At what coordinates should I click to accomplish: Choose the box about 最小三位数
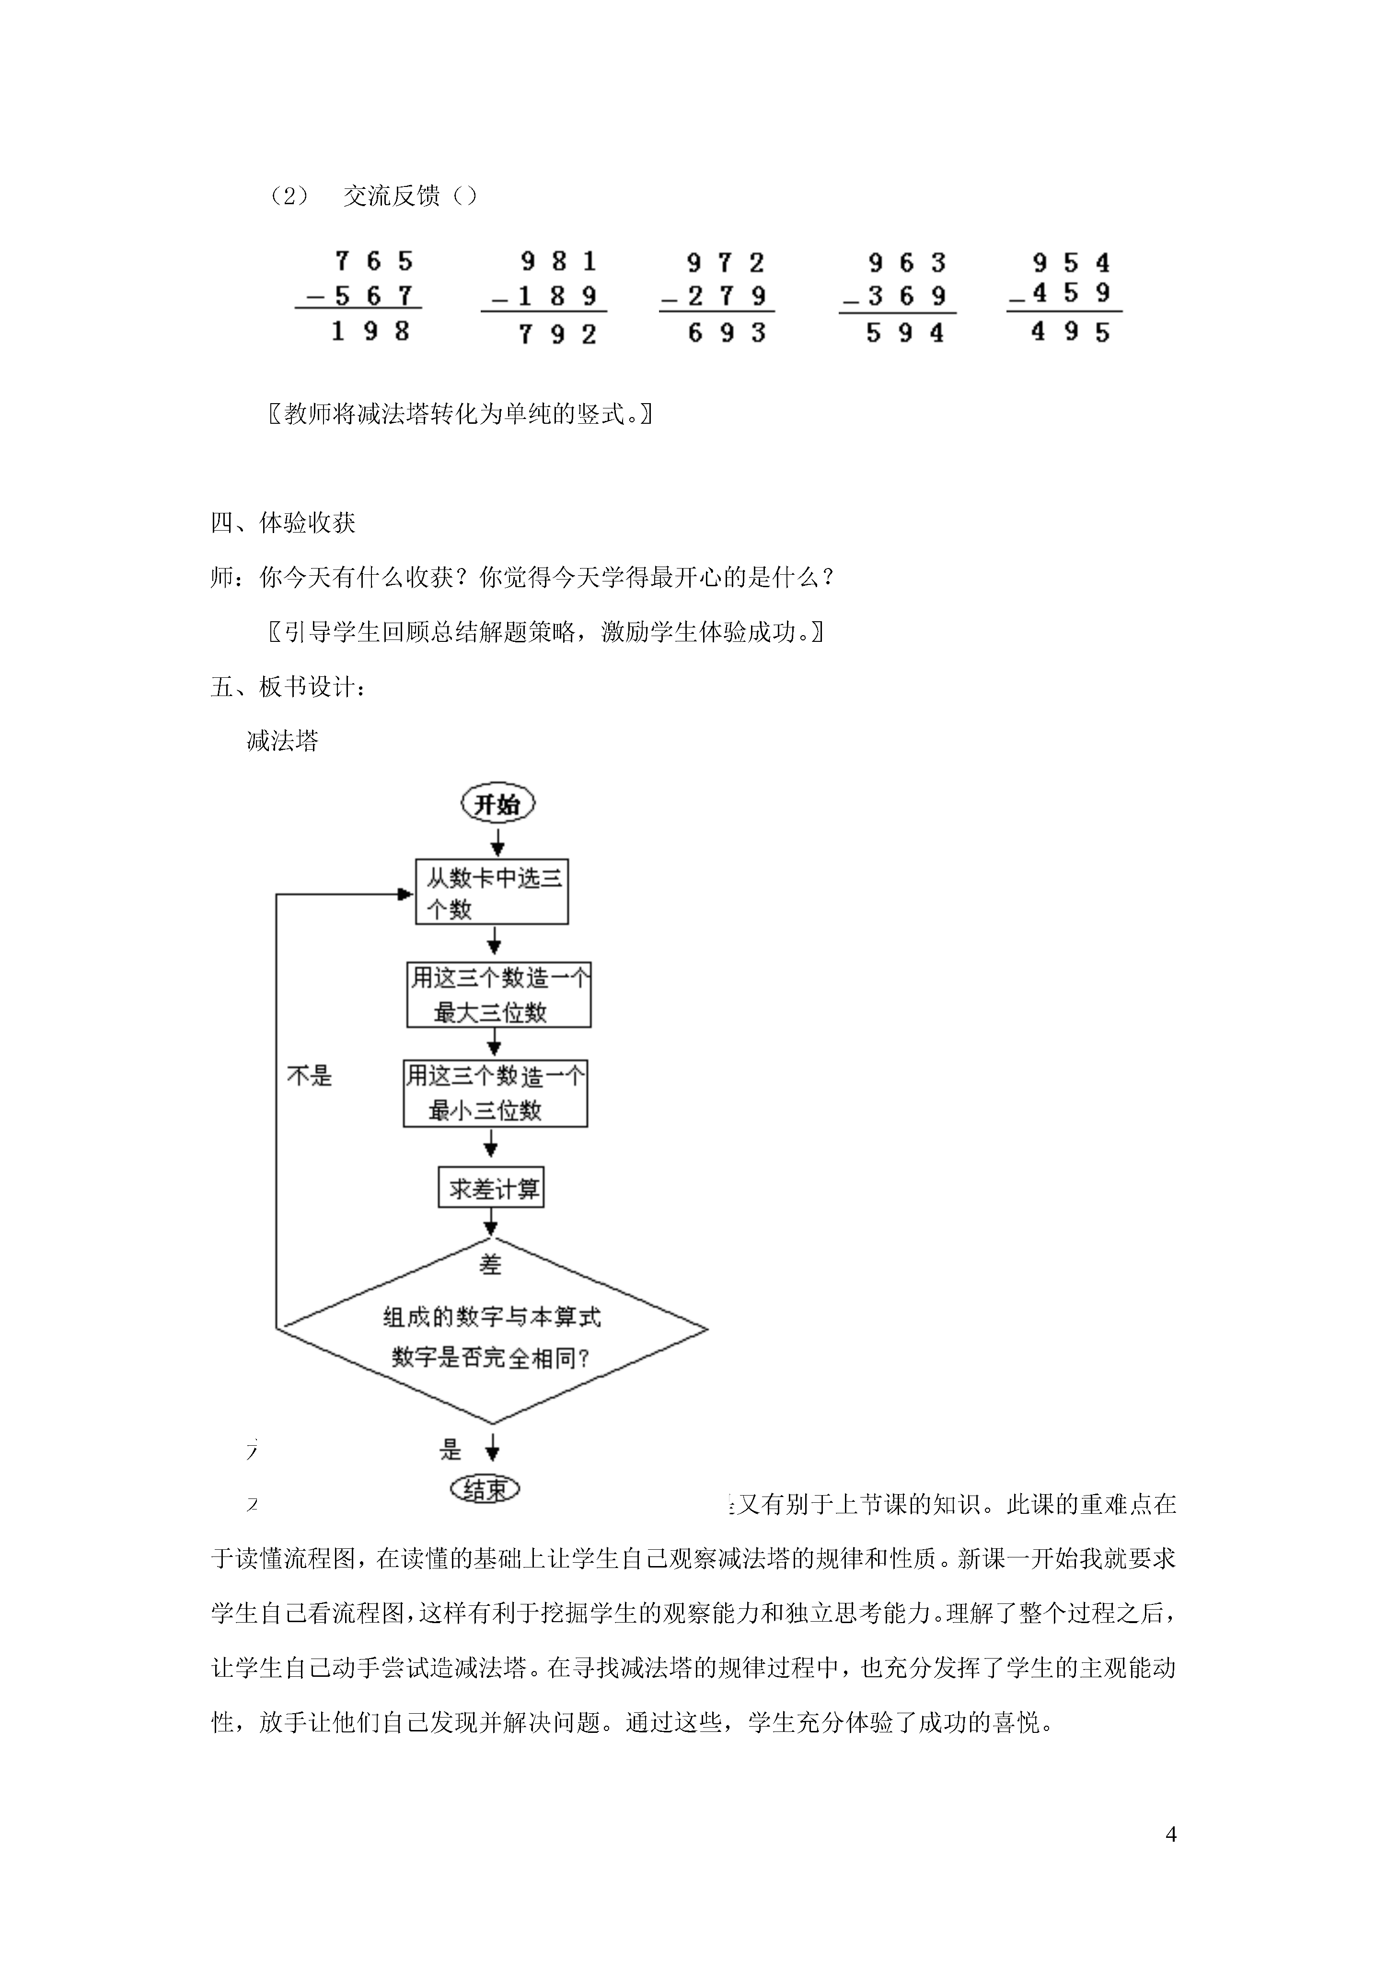click(496, 1094)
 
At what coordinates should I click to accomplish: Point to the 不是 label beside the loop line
click(309, 1076)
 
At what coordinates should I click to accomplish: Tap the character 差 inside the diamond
click(491, 1265)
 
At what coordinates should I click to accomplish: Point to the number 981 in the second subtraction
click(558, 261)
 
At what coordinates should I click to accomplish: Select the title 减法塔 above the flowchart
click(283, 741)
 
